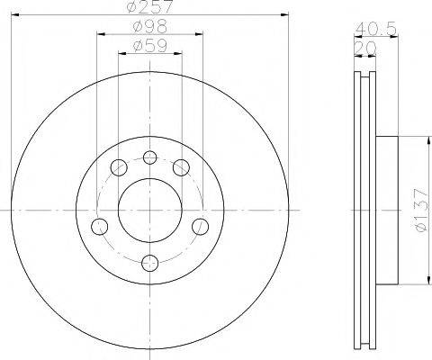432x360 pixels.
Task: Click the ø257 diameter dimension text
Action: click(x=150, y=8)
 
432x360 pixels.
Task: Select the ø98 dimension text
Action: click(x=149, y=27)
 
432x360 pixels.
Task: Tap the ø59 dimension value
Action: click(x=149, y=45)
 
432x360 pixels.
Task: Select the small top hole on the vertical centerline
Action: click(x=150, y=156)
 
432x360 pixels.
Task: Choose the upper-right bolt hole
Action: click(x=182, y=166)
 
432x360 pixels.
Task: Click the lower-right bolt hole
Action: click(x=201, y=224)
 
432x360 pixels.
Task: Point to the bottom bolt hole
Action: click(x=150, y=261)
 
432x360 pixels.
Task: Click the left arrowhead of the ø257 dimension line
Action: click(x=16, y=15)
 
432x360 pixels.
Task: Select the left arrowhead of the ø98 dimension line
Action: click(x=98, y=34)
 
